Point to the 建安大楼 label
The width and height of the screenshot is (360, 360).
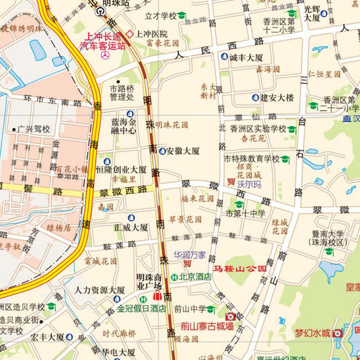coord(277,98)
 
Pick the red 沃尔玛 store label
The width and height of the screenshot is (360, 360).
coord(248,186)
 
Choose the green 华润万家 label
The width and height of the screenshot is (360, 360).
coord(190,254)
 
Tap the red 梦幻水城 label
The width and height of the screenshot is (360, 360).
coord(313,333)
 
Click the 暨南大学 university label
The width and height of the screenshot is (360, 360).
coord(329,235)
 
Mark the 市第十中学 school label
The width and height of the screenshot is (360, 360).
coord(245,214)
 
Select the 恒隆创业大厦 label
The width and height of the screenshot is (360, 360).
coord(131,170)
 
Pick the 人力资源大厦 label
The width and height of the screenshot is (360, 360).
coord(100,290)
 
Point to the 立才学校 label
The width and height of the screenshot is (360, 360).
coord(161,15)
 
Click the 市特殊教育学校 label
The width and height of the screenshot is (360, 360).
coord(251,159)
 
